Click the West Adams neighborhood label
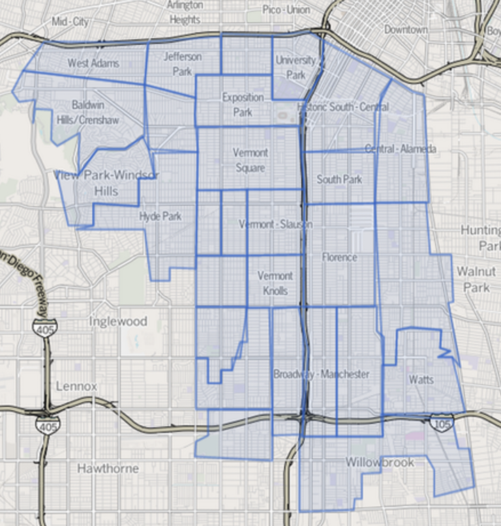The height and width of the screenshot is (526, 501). [94, 63]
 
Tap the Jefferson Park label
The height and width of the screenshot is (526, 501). [183, 64]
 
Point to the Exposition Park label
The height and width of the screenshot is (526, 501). [243, 104]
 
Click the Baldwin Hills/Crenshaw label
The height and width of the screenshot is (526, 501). [96, 112]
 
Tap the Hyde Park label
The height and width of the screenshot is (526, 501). [160, 216]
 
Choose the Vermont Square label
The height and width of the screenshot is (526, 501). [250, 160]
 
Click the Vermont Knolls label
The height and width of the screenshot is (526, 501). [275, 283]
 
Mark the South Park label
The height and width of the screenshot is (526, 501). [339, 179]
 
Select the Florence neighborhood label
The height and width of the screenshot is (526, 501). [339, 257]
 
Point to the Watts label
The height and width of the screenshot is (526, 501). [421, 379]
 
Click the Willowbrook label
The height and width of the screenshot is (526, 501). [380, 462]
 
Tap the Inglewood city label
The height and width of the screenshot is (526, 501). [118, 321]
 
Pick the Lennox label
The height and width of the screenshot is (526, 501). [76, 386]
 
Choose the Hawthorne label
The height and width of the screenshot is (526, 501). [108, 468]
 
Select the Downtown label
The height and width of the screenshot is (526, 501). [406, 29]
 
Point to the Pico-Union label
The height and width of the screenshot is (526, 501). [286, 9]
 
